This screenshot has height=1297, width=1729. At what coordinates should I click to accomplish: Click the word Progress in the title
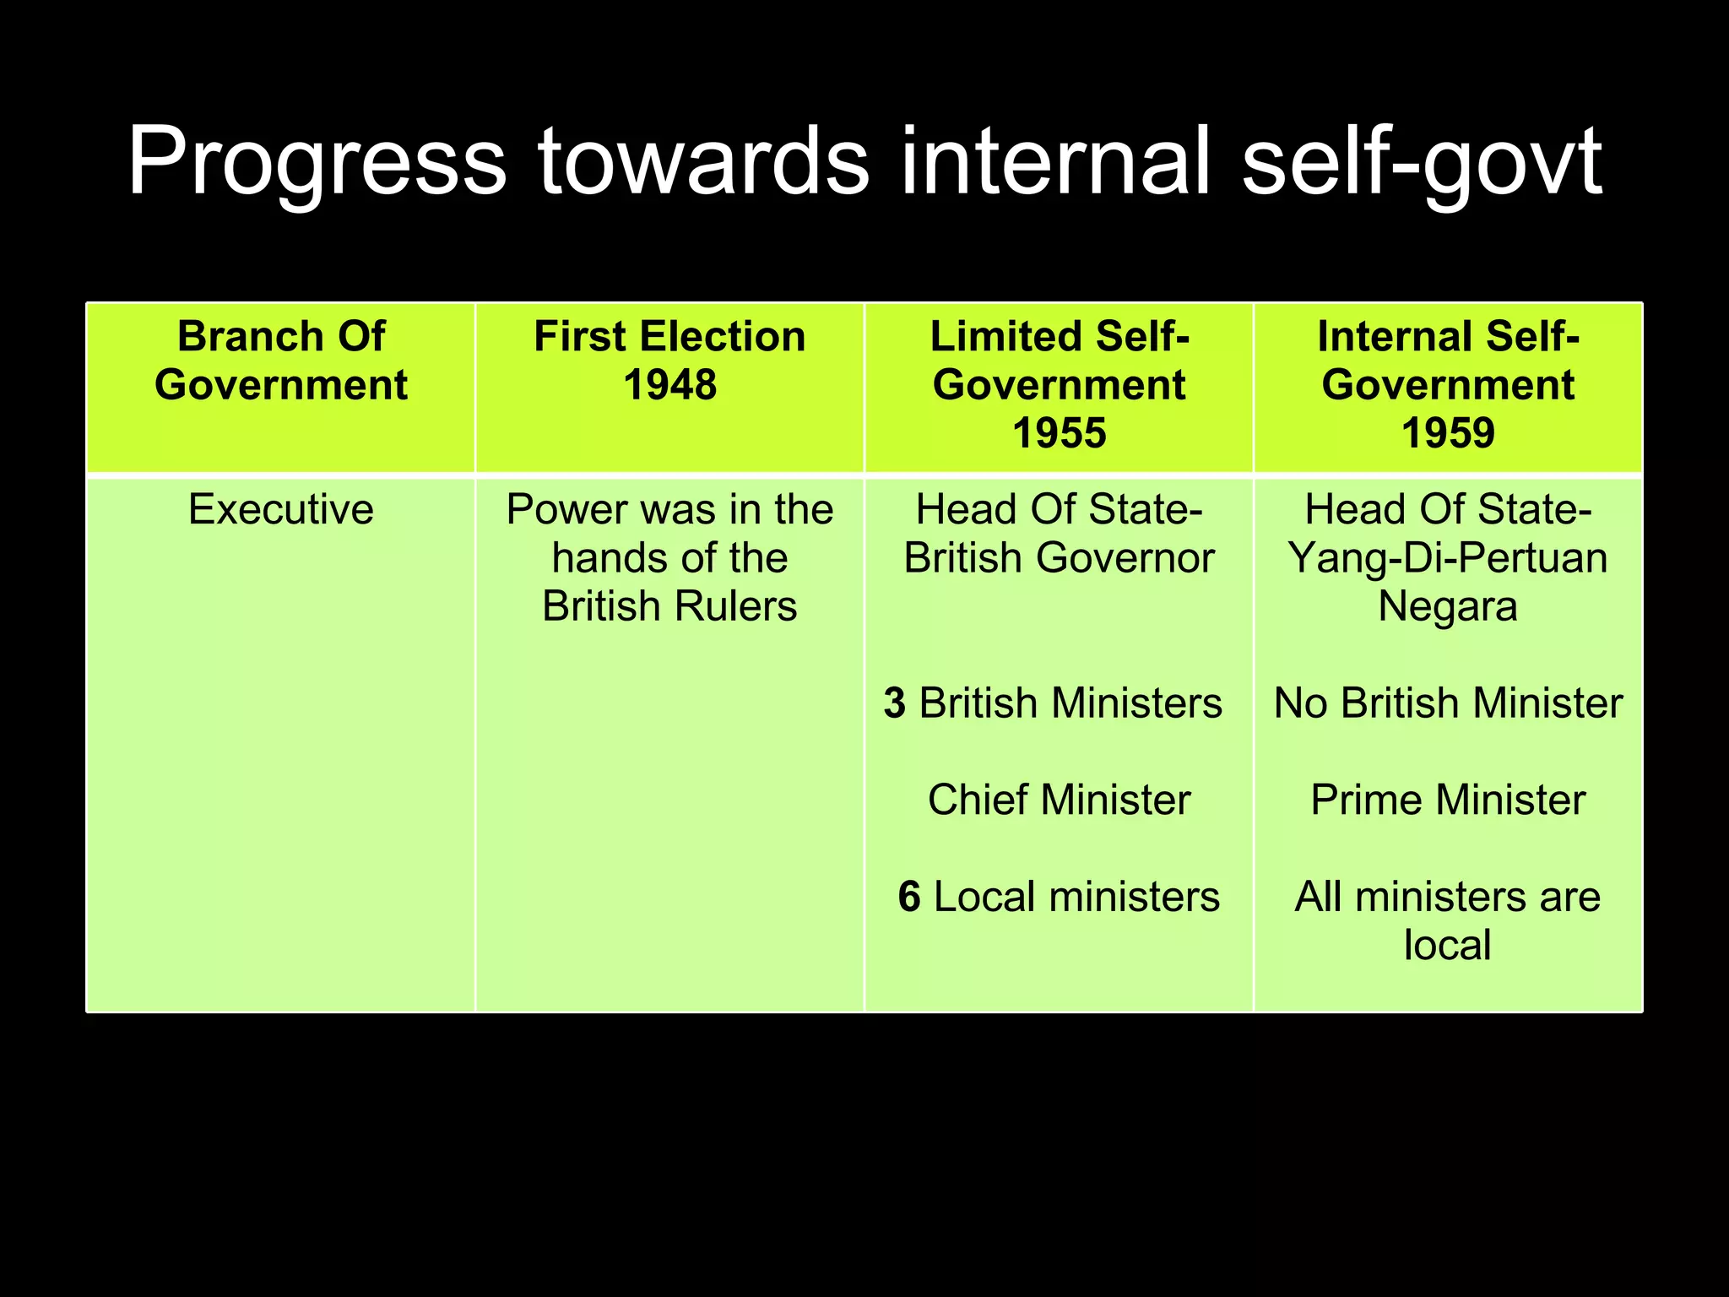[x=317, y=162]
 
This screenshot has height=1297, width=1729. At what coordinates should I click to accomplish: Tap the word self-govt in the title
[x=1422, y=162]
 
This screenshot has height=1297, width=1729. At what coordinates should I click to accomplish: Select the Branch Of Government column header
[x=281, y=361]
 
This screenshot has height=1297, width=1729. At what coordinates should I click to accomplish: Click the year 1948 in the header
[x=669, y=385]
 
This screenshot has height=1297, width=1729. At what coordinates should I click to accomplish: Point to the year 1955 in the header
[x=1059, y=433]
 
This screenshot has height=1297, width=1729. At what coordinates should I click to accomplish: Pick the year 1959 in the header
[x=1448, y=433]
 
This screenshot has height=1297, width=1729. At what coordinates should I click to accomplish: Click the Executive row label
[x=281, y=509]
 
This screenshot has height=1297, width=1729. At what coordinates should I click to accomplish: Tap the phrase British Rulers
[x=669, y=606]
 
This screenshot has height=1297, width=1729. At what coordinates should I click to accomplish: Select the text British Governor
[x=1059, y=558]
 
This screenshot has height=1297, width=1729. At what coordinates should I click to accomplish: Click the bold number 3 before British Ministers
[x=895, y=703]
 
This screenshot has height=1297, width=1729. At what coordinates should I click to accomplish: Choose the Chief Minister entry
[x=1059, y=800]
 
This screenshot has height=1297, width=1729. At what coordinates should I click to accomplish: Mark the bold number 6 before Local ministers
[x=909, y=897]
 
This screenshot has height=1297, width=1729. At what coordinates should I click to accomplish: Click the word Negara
[x=1448, y=606]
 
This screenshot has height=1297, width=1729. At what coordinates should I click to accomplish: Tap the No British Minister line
[x=1448, y=703]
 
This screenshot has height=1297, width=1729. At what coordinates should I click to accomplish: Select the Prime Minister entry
[x=1448, y=800]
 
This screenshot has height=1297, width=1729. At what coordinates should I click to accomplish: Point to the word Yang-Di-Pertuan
[x=1448, y=558]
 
